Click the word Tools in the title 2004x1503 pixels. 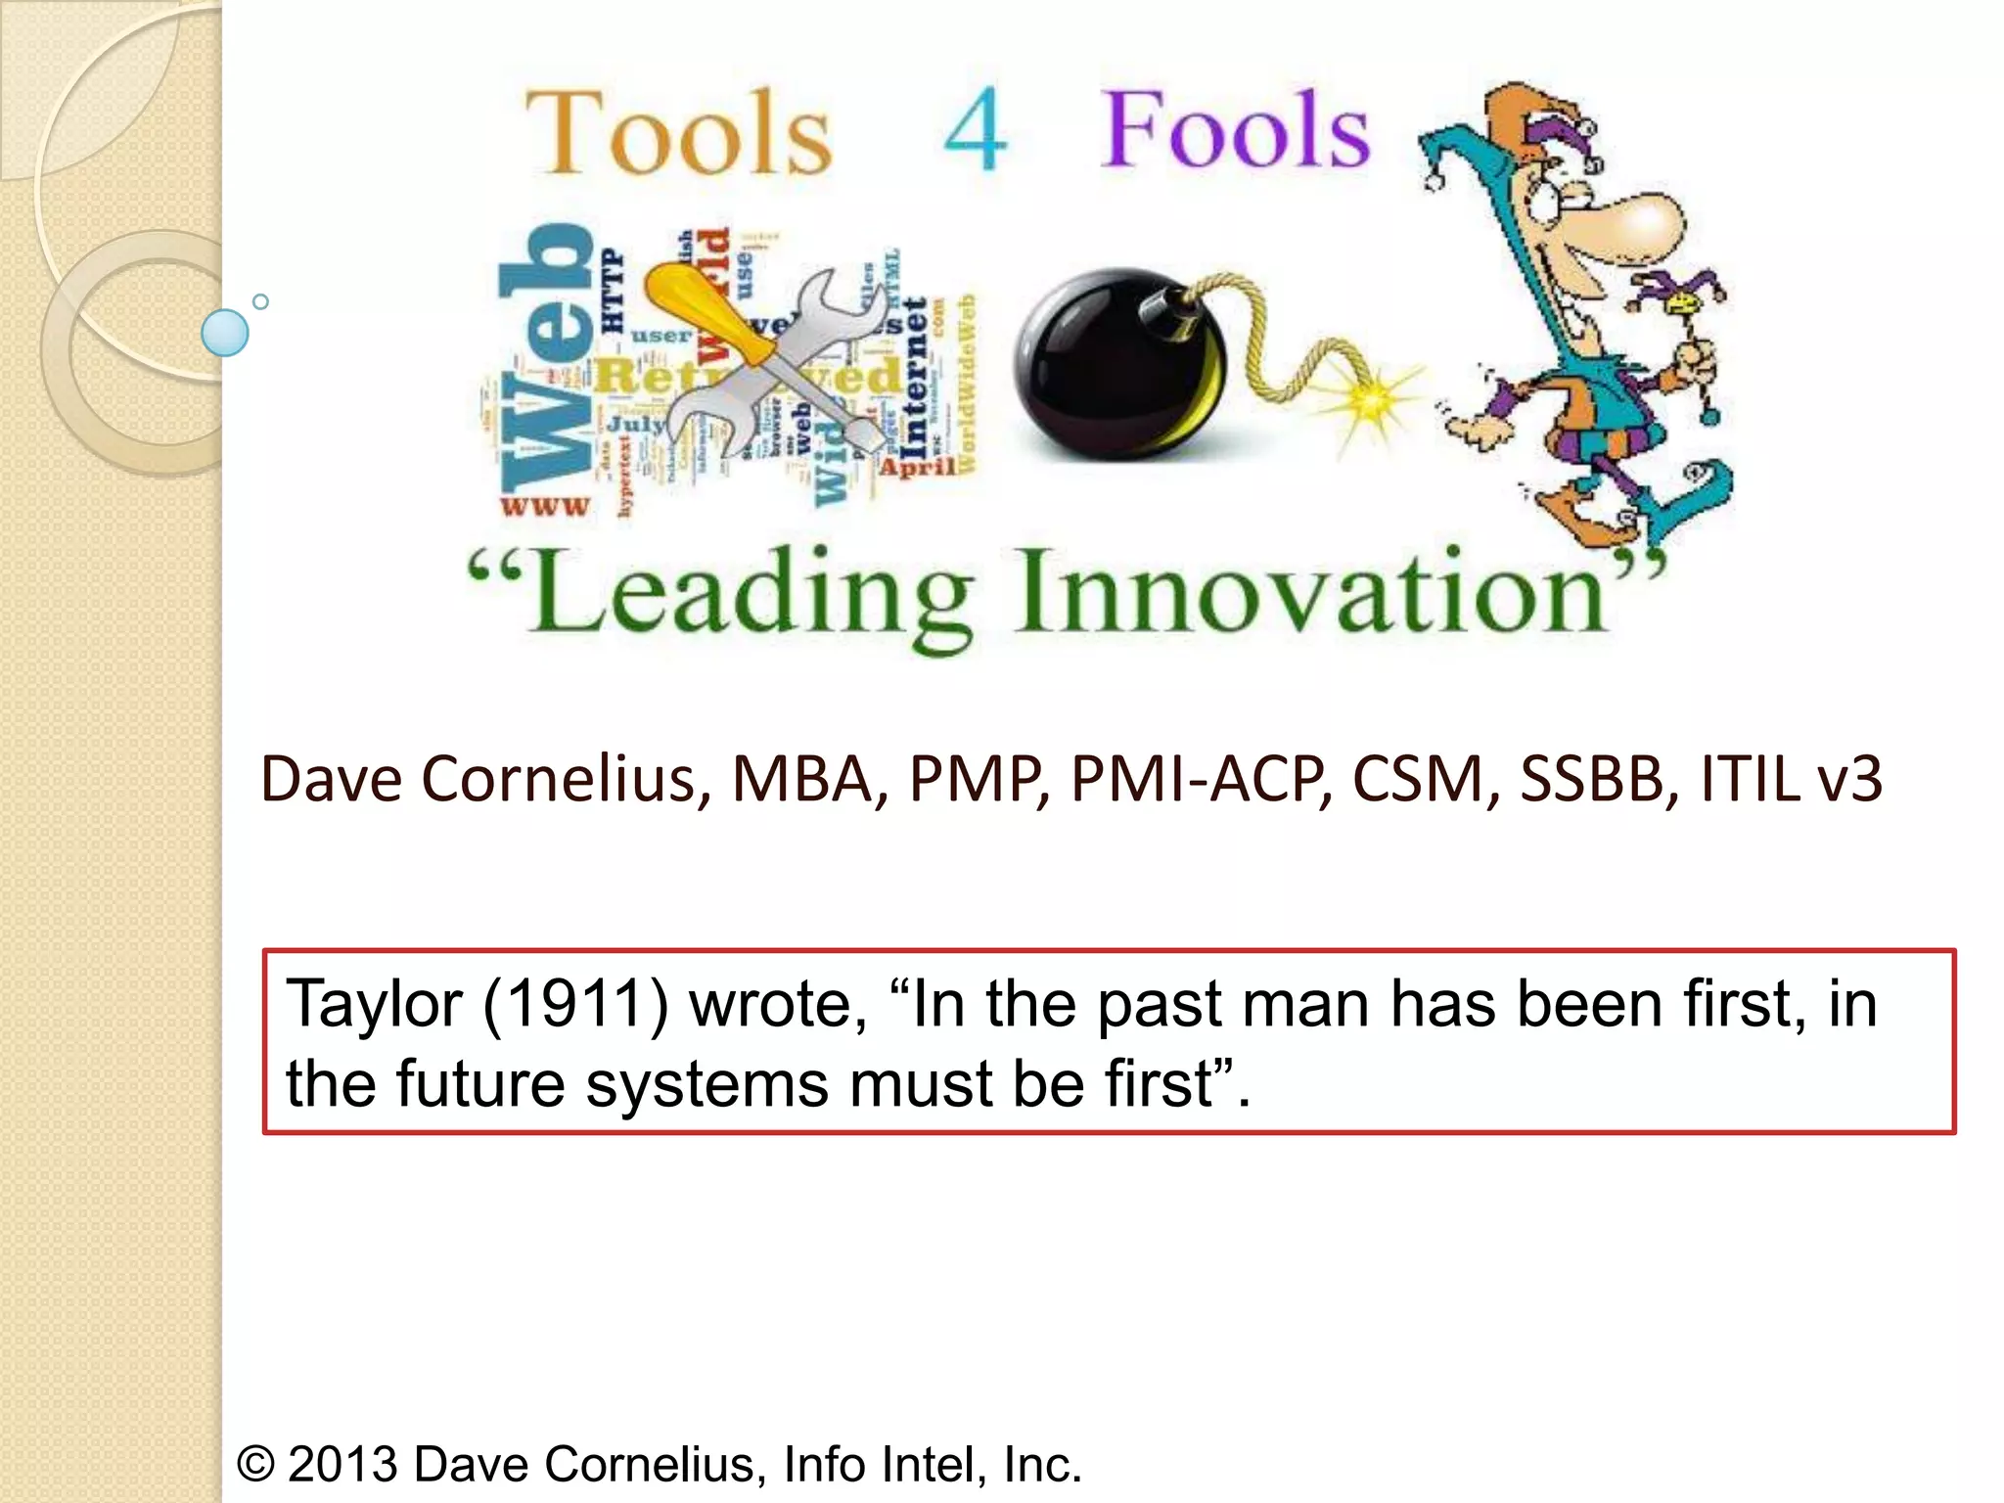[x=679, y=133]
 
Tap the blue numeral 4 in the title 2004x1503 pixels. [x=975, y=131]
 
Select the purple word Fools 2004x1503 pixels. [x=1235, y=130]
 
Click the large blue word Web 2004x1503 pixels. [x=546, y=357]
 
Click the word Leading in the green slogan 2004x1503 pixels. [x=751, y=596]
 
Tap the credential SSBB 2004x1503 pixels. [x=1591, y=780]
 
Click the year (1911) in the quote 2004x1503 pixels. [x=575, y=1005]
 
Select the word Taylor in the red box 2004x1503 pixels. [x=374, y=1005]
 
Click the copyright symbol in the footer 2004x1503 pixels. [x=255, y=1464]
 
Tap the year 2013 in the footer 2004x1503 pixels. [x=343, y=1464]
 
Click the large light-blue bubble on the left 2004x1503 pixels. [x=224, y=332]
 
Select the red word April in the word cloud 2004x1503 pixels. [x=918, y=467]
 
